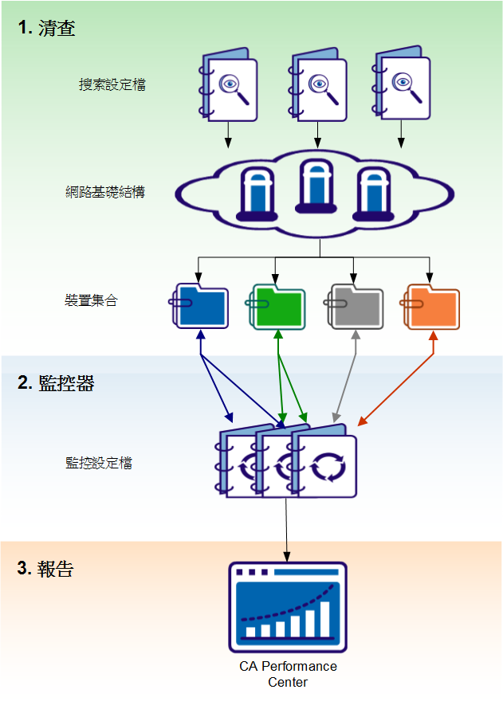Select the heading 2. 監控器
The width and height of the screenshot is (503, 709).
(56, 383)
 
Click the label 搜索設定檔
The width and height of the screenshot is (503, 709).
(112, 84)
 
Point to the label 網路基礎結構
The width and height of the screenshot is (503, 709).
(105, 192)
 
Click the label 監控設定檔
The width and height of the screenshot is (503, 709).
(99, 463)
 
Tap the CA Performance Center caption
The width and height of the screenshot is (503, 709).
(288, 674)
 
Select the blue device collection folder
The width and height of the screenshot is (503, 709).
(200, 307)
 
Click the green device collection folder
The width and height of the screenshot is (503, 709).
(277, 307)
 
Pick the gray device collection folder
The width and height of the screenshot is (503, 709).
(355, 307)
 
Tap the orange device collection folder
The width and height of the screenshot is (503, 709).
(431, 307)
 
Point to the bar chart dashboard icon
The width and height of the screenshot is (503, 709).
(288, 607)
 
